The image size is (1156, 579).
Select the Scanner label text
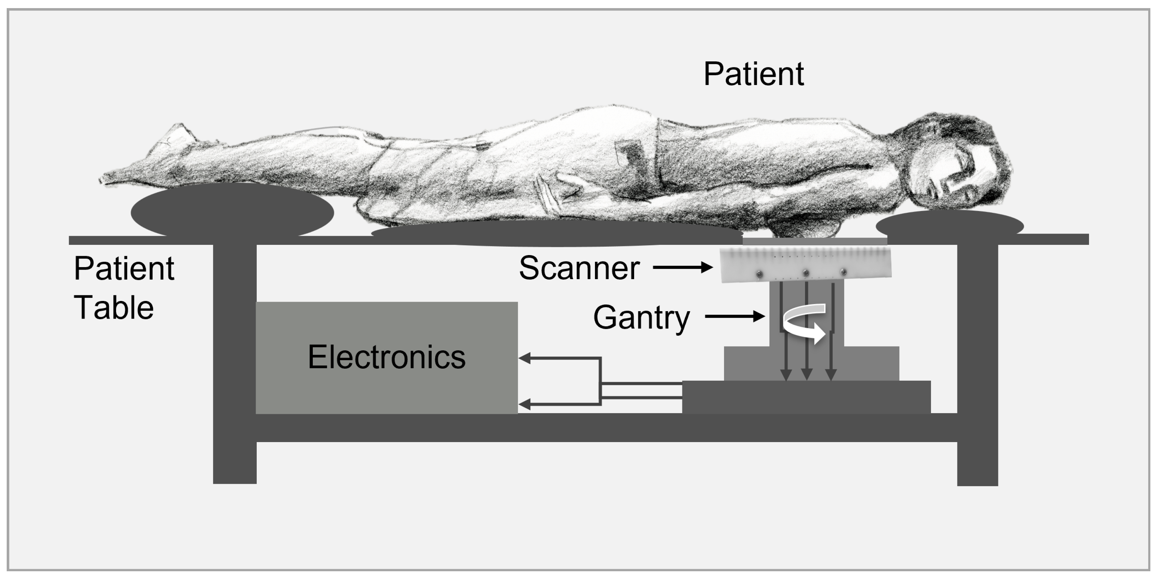point(579,268)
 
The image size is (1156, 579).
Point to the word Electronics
point(387,357)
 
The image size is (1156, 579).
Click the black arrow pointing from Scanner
point(683,267)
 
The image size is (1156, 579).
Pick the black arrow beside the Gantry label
point(735,316)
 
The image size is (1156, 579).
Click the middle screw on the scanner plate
point(805,273)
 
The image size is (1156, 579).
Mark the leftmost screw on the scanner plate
point(759,274)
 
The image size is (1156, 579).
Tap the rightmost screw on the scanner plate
point(843,272)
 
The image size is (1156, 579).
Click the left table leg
point(235,363)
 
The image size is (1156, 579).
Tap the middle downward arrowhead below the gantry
point(807,374)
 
